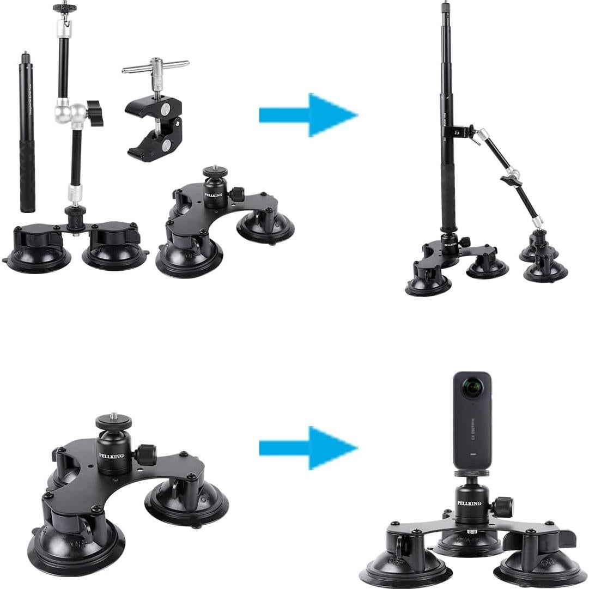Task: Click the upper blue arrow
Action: coord(308,115)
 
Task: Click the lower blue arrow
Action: coord(308,448)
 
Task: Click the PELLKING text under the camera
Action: coord(469,503)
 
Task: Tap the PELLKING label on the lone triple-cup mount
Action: coord(111,456)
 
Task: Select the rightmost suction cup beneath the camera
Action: coord(536,562)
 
